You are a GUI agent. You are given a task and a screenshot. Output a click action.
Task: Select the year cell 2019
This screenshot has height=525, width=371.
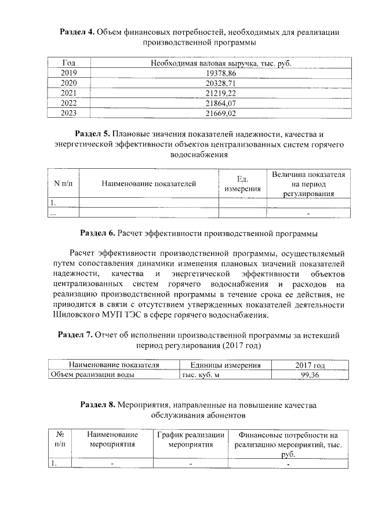click(x=68, y=73)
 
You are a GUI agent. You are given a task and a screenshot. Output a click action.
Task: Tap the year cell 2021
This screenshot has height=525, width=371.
click(x=68, y=93)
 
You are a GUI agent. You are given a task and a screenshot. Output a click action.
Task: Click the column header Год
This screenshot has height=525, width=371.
click(x=68, y=63)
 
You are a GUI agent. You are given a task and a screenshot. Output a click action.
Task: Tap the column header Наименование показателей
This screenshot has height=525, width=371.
click(x=149, y=184)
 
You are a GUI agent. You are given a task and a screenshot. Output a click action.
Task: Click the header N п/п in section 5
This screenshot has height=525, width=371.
click(x=63, y=184)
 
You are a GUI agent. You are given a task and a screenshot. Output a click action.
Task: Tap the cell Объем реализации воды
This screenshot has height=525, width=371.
click(x=93, y=375)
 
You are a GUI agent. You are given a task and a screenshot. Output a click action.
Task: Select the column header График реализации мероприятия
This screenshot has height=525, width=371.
click(x=191, y=439)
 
